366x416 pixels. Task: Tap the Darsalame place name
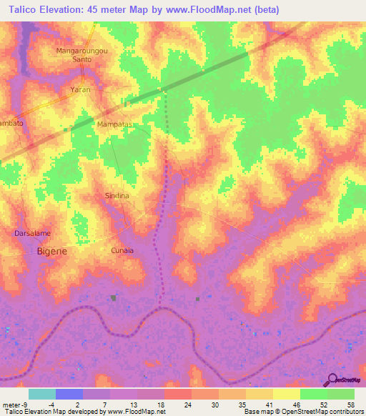click(32, 234)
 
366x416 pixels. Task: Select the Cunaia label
click(122, 250)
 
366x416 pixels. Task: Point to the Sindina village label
click(117, 195)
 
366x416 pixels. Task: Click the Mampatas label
click(115, 124)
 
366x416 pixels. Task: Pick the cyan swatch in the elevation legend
click(42, 394)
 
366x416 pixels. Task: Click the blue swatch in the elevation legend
click(69, 394)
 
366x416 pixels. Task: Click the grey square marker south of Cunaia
click(113, 297)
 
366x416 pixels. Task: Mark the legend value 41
click(268, 404)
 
